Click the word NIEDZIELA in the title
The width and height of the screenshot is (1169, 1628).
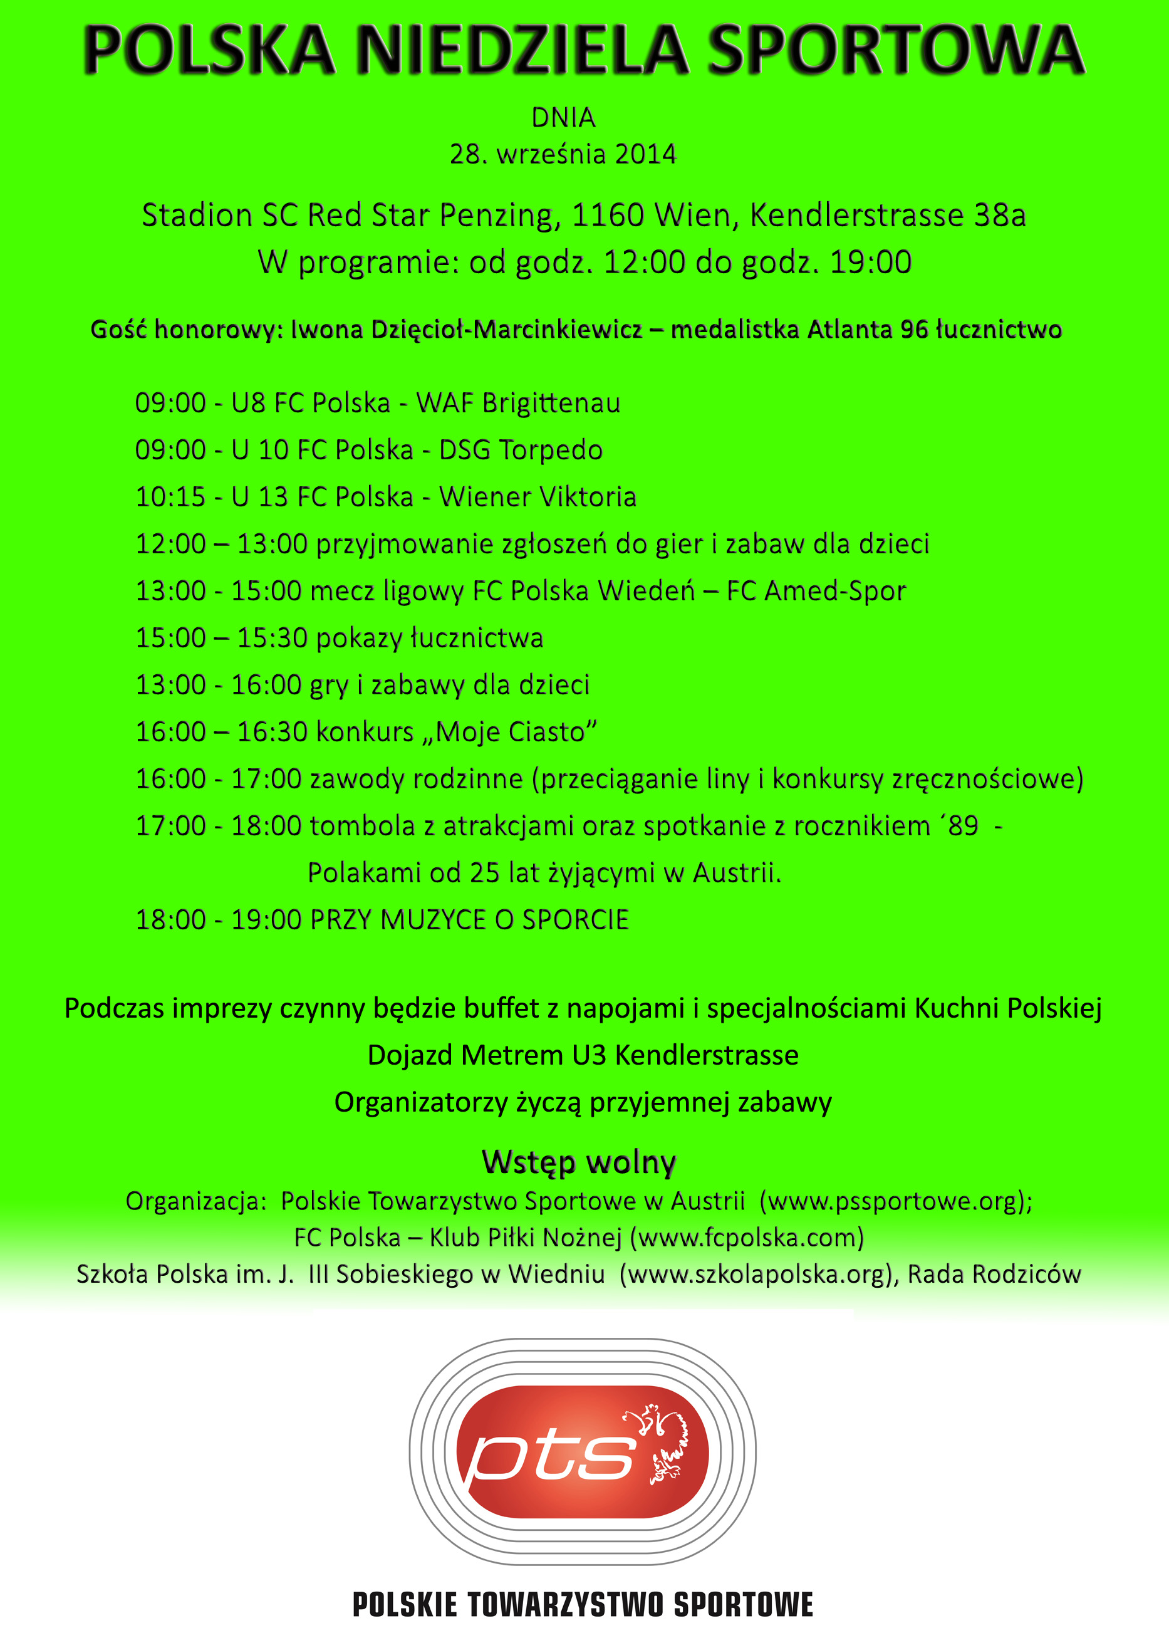522,50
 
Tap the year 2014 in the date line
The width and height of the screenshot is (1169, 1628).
645,154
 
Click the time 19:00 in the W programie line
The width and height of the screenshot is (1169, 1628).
870,263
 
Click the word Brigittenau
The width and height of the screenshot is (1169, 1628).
551,404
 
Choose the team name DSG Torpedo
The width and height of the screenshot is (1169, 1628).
520,450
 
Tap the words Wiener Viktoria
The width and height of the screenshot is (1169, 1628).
538,497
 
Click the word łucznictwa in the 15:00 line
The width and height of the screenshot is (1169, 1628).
477,638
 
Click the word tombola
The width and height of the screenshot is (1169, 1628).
362,826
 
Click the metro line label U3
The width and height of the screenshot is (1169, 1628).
589,1055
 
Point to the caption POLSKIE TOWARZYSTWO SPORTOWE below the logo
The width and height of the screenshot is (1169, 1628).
583,1604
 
